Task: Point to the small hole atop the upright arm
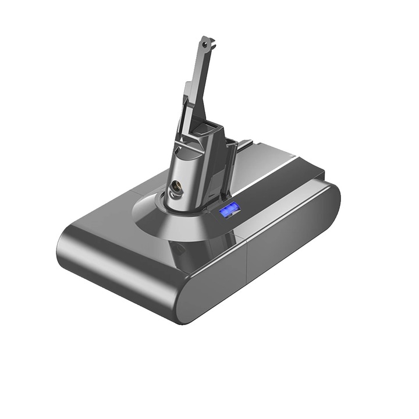(204, 42)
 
